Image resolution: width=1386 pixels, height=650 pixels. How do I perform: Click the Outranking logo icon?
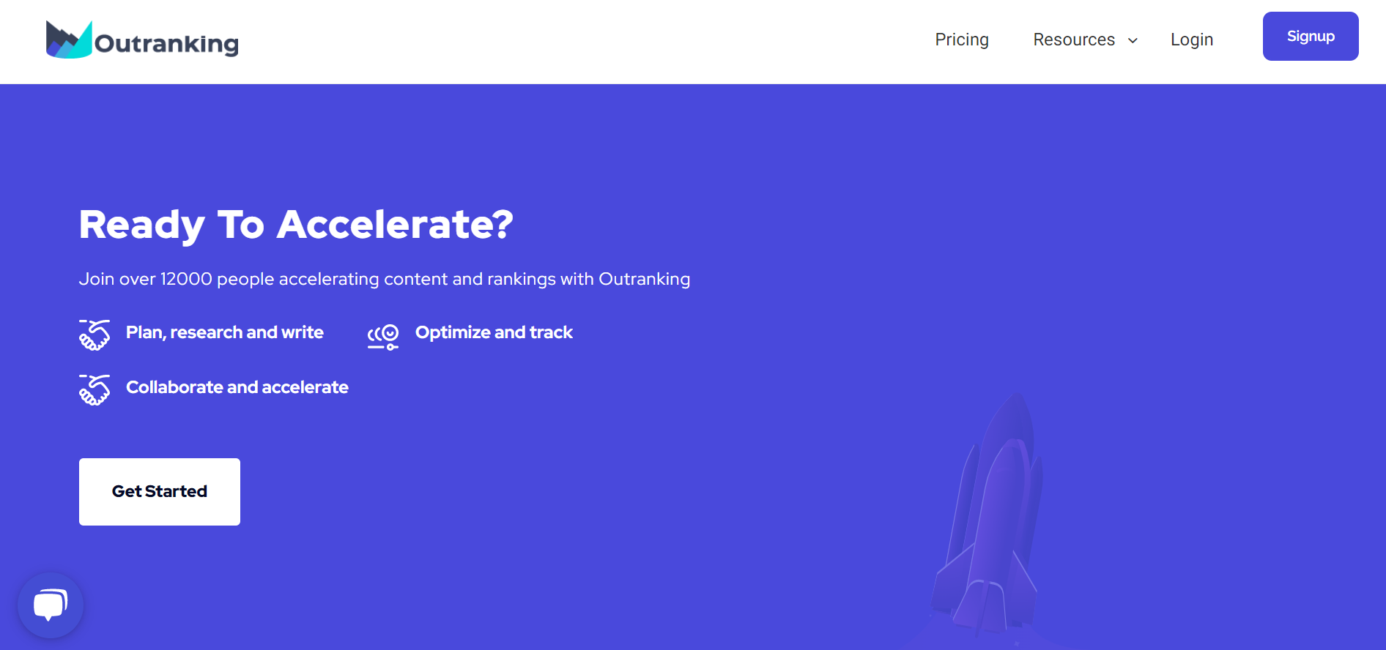(x=69, y=40)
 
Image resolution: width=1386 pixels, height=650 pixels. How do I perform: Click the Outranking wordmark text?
(x=167, y=44)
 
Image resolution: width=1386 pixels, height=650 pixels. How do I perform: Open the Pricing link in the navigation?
(x=962, y=40)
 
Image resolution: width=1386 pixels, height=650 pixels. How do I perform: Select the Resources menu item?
(x=1074, y=40)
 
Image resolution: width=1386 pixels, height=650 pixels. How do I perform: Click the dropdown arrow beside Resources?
(x=1133, y=41)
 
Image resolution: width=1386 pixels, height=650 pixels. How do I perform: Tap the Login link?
(x=1192, y=40)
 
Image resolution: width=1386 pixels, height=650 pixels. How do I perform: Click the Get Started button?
(x=160, y=492)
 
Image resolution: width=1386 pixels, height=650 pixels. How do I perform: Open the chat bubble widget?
(x=51, y=605)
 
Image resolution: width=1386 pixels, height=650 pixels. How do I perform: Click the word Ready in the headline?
(x=142, y=225)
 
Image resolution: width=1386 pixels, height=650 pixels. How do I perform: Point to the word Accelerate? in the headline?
(x=395, y=224)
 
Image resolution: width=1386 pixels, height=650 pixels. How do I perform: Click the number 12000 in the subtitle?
(x=186, y=279)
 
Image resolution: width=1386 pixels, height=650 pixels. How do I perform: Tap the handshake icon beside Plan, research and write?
(x=94, y=335)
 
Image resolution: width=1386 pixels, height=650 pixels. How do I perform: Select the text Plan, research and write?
(x=225, y=332)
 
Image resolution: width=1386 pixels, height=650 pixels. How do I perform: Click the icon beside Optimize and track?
(x=383, y=337)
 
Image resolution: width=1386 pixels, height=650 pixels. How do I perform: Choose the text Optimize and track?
(x=494, y=332)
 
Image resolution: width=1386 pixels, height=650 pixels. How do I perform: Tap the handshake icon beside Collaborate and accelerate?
(x=94, y=389)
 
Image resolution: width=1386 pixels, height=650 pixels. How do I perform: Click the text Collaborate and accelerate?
(x=237, y=387)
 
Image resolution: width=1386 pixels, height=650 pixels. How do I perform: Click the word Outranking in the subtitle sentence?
(x=645, y=279)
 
